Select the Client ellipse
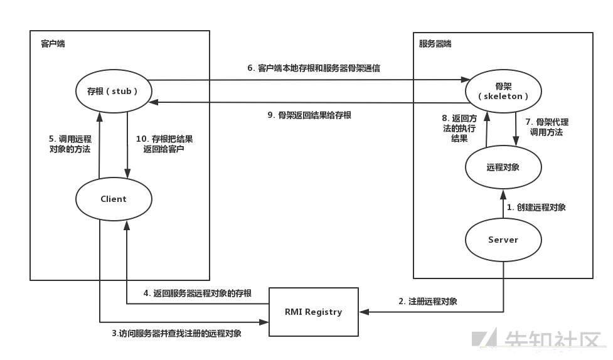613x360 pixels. click(x=114, y=199)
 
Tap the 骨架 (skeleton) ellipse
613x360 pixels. click(x=503, y=91)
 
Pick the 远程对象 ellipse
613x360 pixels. click(x=503, y=167)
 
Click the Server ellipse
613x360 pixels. click(x=503, y=240)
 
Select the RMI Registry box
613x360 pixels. click(x=313, y=312)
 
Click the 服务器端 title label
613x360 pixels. click(x=435, y=44)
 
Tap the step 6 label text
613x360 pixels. click(x=313, y=68)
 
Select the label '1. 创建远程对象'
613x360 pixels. click(x=536, y=207)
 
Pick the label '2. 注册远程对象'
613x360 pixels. click(x=427, y=301)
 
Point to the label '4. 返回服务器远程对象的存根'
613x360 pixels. click(x=197, y=293)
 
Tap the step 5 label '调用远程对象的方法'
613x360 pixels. click(x=70, y=144)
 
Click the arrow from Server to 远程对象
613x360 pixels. click(x=503, y=206)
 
